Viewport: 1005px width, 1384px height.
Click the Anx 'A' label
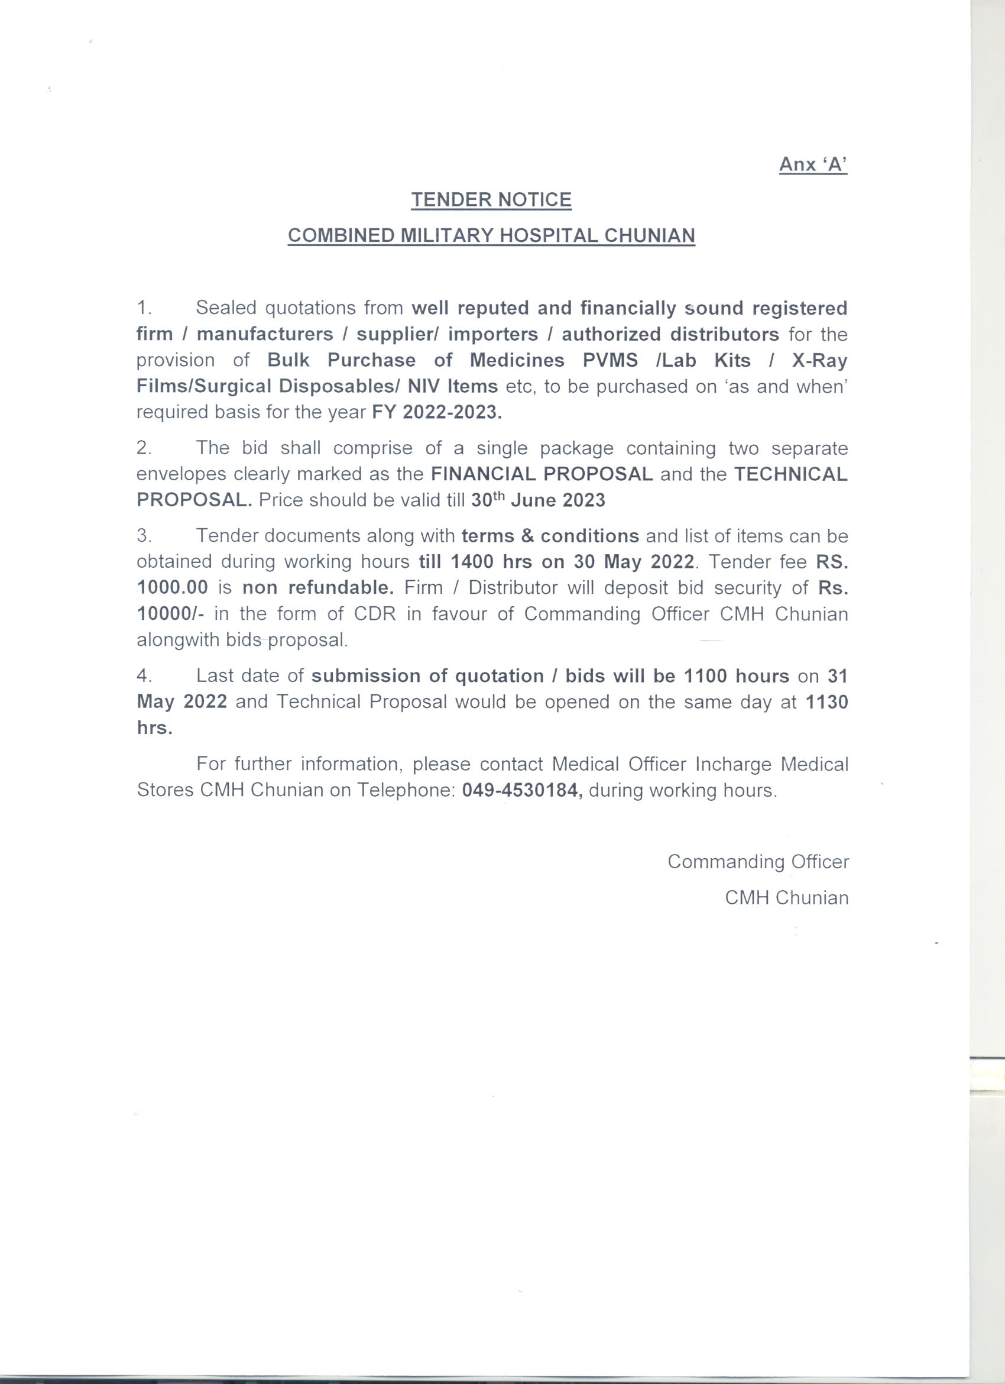click(x=813, y=164)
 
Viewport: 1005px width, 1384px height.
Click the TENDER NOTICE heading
click(x=491, y=199)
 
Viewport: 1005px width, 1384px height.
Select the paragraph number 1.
click(x=144, y=308)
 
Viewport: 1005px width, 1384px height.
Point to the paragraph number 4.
click(x=144, y=675)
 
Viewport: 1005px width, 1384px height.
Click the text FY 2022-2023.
click(x=437, y=412)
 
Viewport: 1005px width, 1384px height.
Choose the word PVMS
click(x=610, y=360)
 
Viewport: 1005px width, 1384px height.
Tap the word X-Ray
click(x=819, y=360)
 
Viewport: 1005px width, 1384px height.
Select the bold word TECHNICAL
click(x=790, y=474)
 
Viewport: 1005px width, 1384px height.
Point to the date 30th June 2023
click(x=538, y=500)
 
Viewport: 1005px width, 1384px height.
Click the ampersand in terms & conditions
click(x=527, y=536)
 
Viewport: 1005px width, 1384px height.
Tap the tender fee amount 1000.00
click(x=173, y=588)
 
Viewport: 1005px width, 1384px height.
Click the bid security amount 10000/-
click(x=170, y=613)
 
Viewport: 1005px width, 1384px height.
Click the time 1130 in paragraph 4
click(x=826, y=702)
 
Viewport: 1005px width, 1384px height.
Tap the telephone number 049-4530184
click(x=522, y=790)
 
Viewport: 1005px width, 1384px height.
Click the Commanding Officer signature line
click(x=758, y=861)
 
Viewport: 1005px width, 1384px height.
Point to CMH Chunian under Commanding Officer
click(x=786, y=898)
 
